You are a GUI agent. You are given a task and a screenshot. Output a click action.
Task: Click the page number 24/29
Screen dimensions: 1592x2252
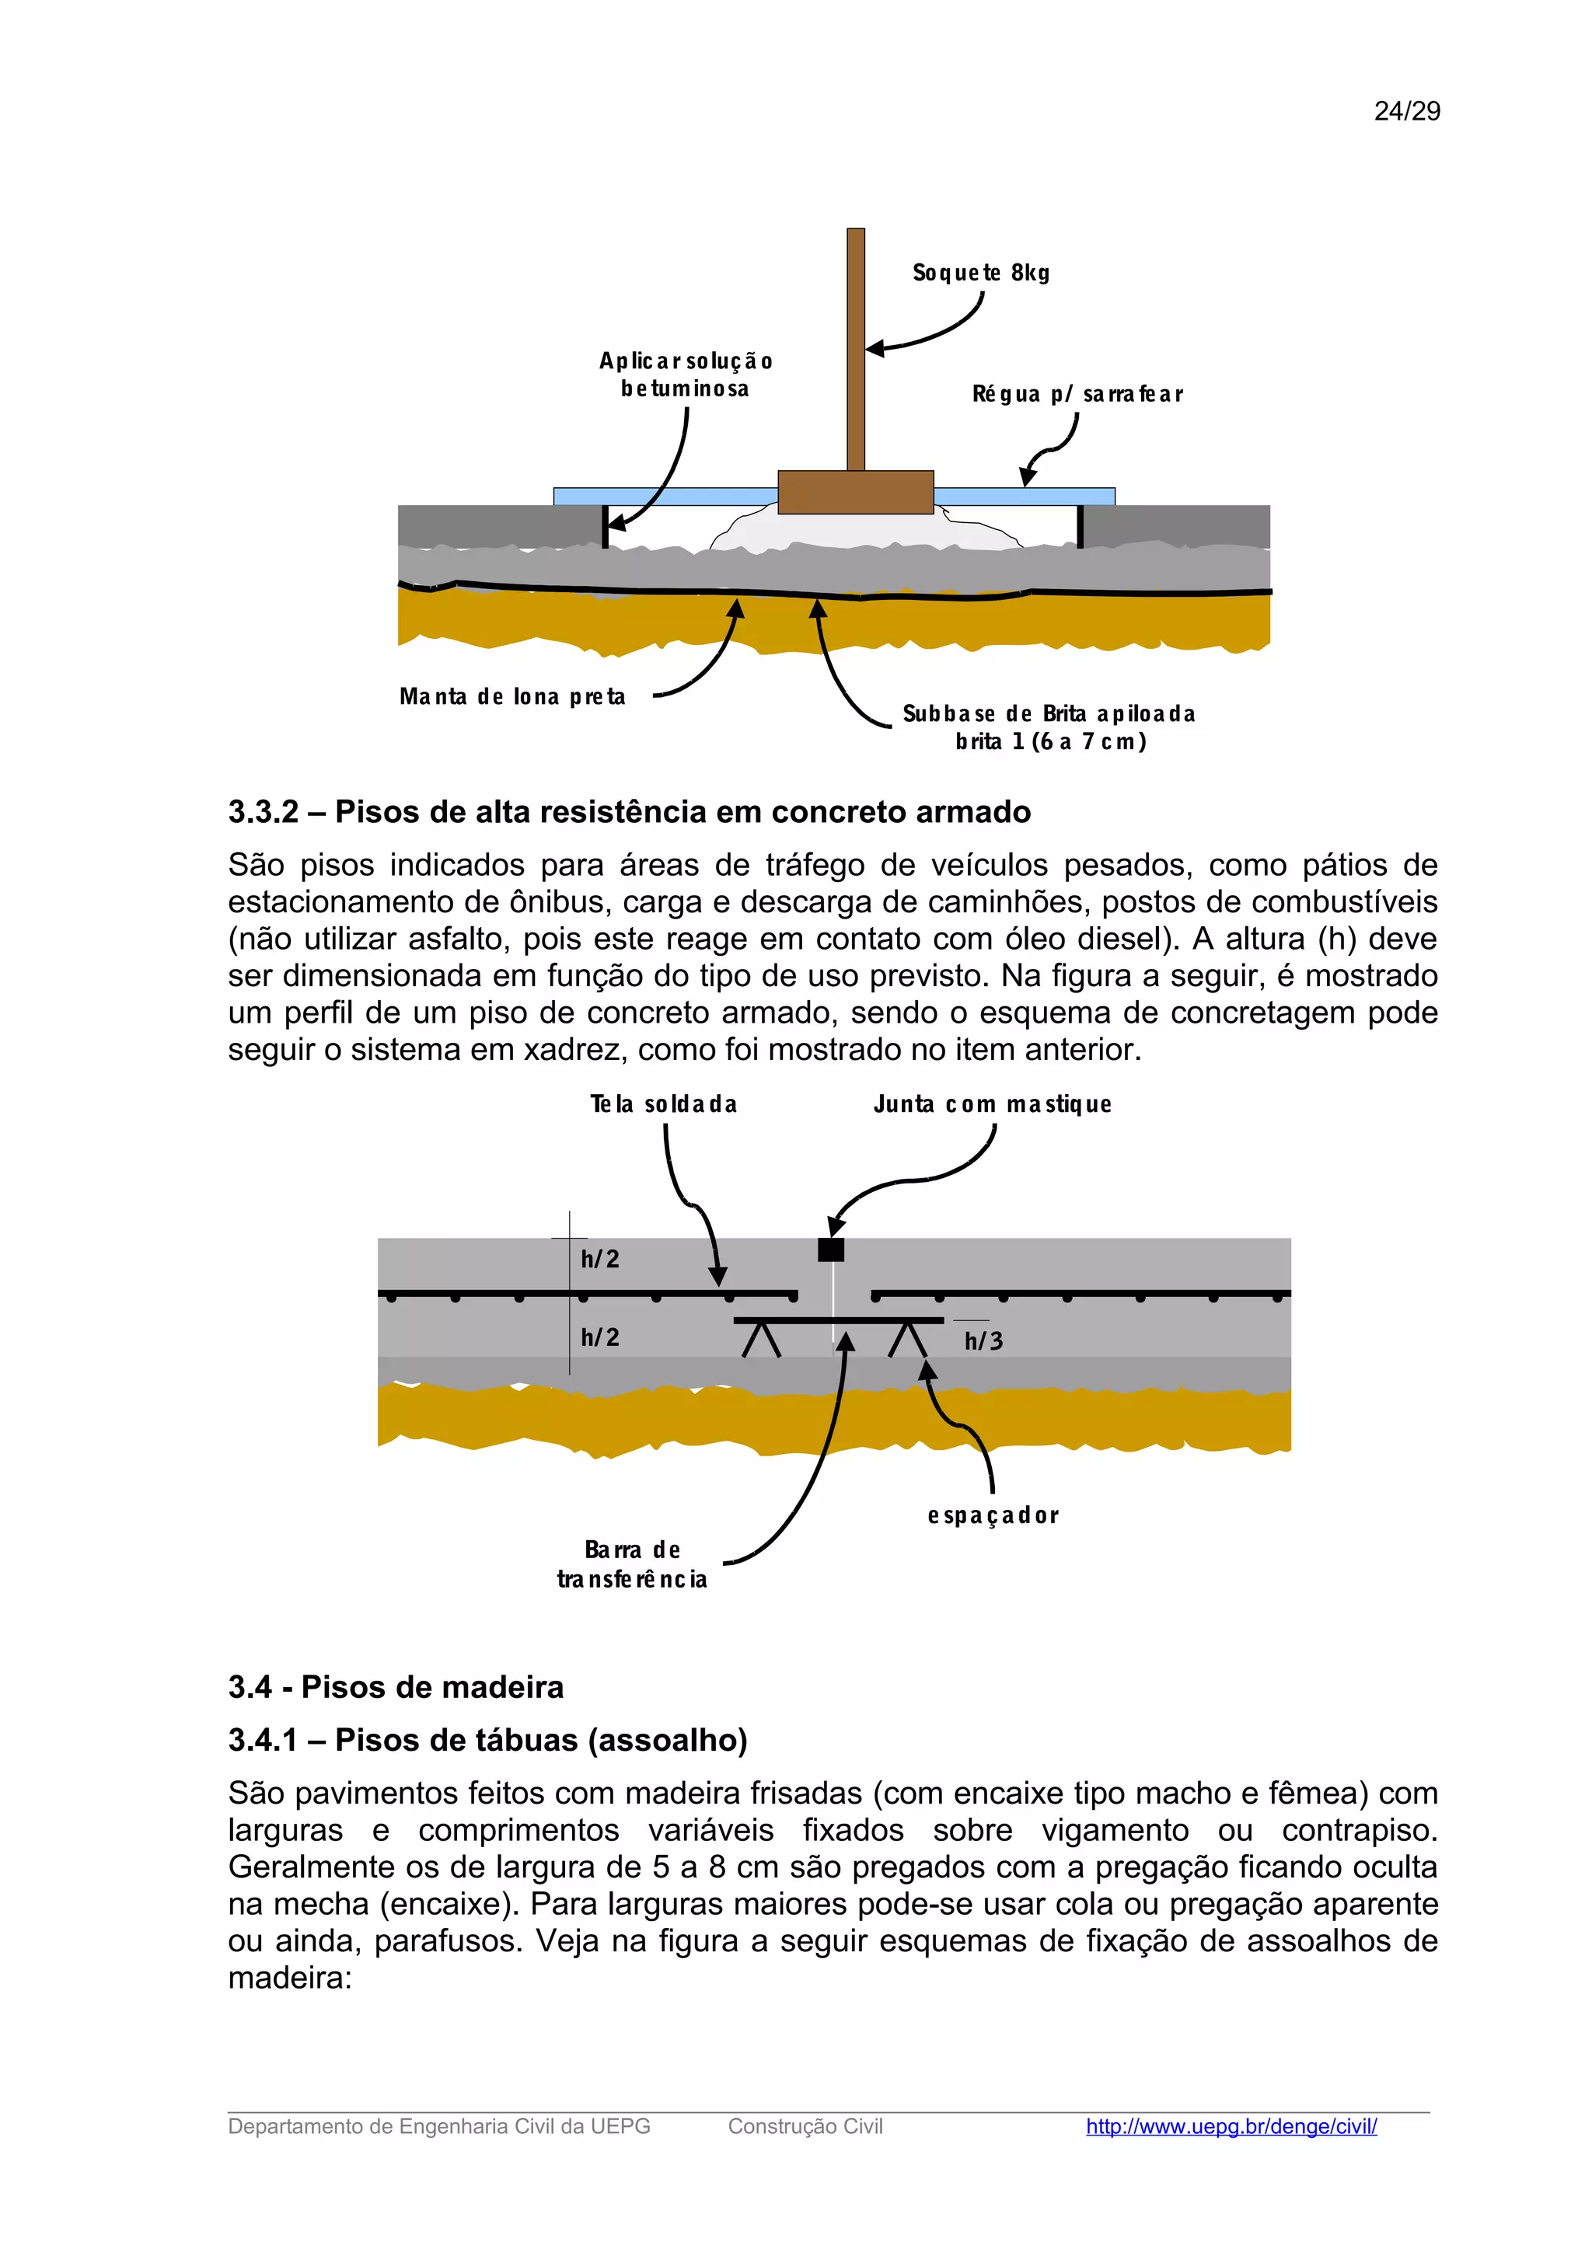pyautogui.click(x=1407, y=111)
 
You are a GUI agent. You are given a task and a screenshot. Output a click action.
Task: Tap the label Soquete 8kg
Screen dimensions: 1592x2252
pyautogui.click(x=980, y=273)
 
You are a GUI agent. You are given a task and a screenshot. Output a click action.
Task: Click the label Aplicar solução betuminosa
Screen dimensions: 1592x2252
pyautogui.click(x=686, y=375)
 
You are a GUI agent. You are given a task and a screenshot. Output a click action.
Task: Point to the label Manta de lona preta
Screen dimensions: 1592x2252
pyautogui.click(x=512, y=696)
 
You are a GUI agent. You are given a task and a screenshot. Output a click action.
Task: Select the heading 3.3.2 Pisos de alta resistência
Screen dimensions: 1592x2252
pyautogui.click(x=629, y=812)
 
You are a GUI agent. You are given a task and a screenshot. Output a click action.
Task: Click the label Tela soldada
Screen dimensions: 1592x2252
pyautogui.click(x=663, y=1104)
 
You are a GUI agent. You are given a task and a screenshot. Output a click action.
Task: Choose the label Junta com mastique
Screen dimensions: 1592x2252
pyautogui.click(x=992, y=1104)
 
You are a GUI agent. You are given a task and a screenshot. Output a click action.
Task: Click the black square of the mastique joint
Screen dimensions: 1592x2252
pyautogui.click(x=831, y=1250)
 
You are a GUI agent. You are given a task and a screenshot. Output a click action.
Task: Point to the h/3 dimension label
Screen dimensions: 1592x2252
pyautogui.click(x=983, y=1340)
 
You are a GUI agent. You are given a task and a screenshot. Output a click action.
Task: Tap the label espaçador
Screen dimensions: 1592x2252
pyautogui.click(x=993, y=1515)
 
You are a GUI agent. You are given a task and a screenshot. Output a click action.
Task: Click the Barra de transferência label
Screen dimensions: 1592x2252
pyautogui.click(x=632, y=1564)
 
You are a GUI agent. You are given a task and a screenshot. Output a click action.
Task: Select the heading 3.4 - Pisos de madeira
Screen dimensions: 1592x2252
pyautogui.click(x=396, y=1687)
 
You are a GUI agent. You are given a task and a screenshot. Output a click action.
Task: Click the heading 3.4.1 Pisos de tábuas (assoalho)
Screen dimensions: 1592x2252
pyautogui.click(x=487, y=1740)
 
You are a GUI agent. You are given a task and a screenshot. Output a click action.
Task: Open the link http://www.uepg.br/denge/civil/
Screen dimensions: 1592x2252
pyautogui.click(x=1231, y=2126)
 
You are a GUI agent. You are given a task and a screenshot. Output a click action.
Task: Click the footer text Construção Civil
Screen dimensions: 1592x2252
pyautogui.click(x=805, y=2126)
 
